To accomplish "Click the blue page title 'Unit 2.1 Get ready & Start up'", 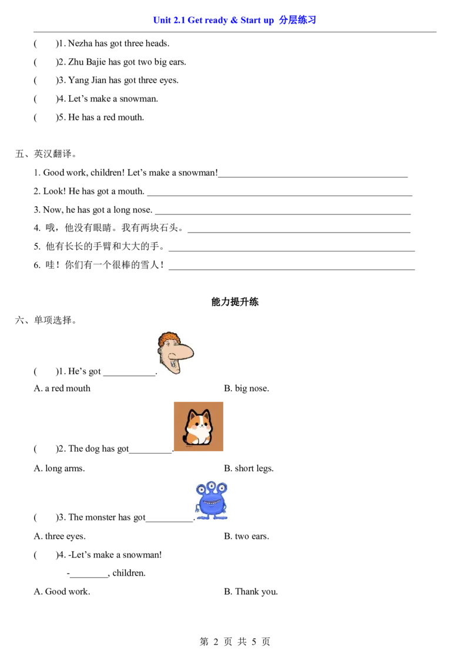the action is [213, 20].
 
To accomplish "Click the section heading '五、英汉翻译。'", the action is [46, 153].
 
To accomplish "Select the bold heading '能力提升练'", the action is [235, 301].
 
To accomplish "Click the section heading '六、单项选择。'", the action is [46, 320].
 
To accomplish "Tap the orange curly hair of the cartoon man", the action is [168, 339].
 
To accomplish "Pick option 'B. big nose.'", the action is [246, 388].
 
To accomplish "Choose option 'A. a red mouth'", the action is [62, 388].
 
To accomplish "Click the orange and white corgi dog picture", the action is [199, 426].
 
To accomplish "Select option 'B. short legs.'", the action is [249, 468].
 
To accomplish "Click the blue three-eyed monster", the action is [211, 501].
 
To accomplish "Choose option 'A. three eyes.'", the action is [60, 536].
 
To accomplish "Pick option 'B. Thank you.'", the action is [251, 592].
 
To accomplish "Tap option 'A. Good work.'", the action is [62, 592].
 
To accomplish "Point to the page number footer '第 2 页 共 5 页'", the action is [235, 642].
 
